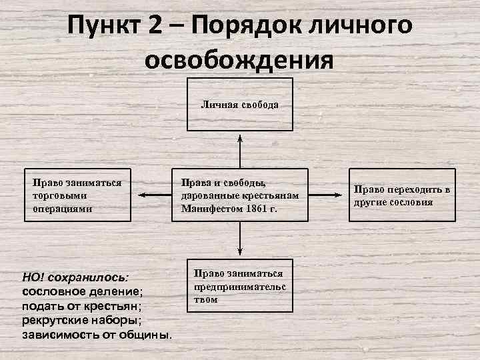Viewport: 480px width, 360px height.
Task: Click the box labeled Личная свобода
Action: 239,105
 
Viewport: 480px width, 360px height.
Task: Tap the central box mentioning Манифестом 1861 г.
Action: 239,195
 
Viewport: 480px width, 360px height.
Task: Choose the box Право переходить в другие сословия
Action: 401,195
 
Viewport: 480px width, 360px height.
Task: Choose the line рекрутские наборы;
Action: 84,319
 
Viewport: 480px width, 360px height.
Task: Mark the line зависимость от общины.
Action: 97,333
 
